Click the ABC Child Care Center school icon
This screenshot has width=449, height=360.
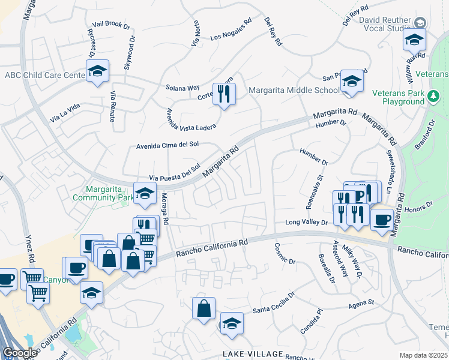coord(97,72)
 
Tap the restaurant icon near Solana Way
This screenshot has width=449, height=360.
coord(224,94)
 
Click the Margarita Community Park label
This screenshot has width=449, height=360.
coord(103,193)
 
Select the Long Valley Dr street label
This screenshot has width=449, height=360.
coord(307,223)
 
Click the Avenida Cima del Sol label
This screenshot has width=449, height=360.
coord(167,145)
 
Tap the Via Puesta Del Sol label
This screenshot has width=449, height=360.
coord(174,173)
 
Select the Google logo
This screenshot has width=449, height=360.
coord(20,353)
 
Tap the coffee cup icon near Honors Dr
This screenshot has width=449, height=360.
coord(382,220)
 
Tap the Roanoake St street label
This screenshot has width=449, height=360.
coord(314,191)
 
